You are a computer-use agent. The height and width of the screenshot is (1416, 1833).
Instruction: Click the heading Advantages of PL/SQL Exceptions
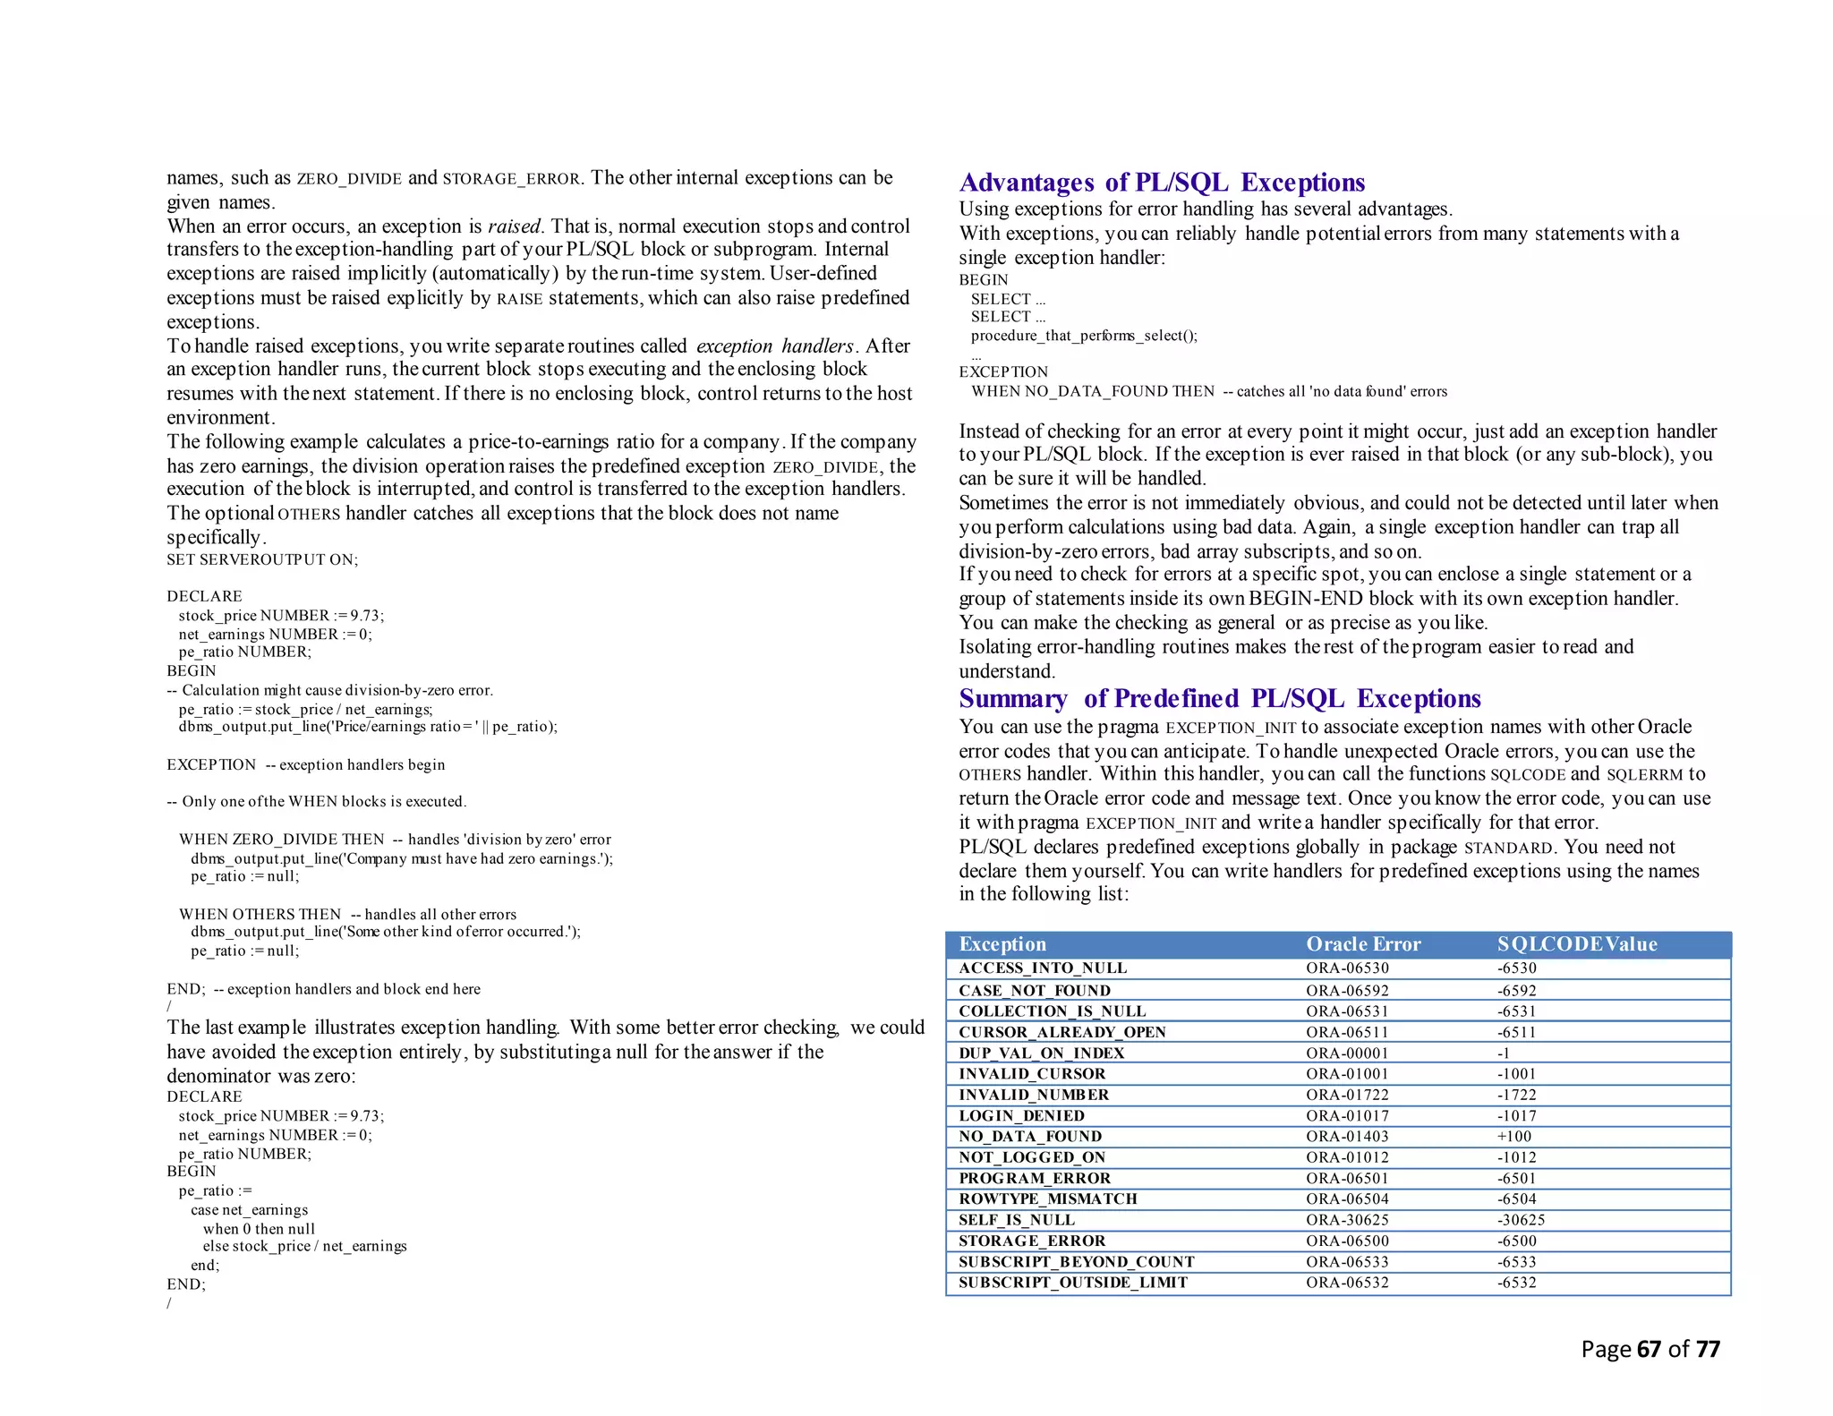point(1161,183)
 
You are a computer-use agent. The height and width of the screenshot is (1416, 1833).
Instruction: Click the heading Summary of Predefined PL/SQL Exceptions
point(1219,698)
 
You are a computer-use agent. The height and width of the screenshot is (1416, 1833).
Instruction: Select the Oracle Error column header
point(1362,944)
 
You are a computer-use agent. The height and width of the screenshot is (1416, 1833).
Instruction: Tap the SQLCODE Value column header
point(1576,944)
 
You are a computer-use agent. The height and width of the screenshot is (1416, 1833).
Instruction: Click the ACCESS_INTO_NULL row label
point(1042,968)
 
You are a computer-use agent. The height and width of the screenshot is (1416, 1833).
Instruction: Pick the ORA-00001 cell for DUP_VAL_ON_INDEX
point(1346,1053)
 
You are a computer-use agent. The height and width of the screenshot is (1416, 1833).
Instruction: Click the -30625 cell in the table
point(1521,1220)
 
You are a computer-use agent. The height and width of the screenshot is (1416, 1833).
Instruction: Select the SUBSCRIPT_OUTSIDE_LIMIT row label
point(1072,1283)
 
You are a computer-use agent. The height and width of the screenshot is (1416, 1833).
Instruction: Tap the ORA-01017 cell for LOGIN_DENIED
point(1346,1116)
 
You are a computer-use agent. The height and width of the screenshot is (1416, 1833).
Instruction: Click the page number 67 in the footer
point(1649,1349)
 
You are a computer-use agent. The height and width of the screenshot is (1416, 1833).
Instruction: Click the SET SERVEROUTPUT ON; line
point(262,560)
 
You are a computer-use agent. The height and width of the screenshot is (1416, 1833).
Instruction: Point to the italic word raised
point(514,226)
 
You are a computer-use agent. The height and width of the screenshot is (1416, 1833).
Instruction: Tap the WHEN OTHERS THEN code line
point(260,914)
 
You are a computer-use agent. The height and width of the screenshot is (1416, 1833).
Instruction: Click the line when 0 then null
point(259,1229)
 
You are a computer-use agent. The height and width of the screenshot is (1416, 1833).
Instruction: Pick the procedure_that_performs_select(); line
point(1083,336)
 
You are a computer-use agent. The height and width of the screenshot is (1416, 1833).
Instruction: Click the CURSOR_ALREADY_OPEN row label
point(1061,1032)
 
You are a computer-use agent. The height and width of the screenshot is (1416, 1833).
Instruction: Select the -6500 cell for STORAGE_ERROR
point(1516,1241)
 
